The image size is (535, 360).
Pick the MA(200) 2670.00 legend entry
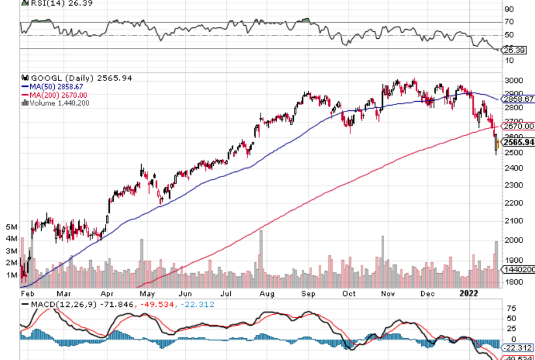55,95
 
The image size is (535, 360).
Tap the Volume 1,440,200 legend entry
57,103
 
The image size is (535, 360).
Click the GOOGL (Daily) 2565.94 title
80,78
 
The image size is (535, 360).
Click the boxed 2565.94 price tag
518,142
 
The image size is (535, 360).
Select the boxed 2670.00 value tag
518,126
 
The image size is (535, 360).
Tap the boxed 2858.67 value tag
518,99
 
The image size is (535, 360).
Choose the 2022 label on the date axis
469,294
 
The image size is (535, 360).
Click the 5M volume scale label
11,227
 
